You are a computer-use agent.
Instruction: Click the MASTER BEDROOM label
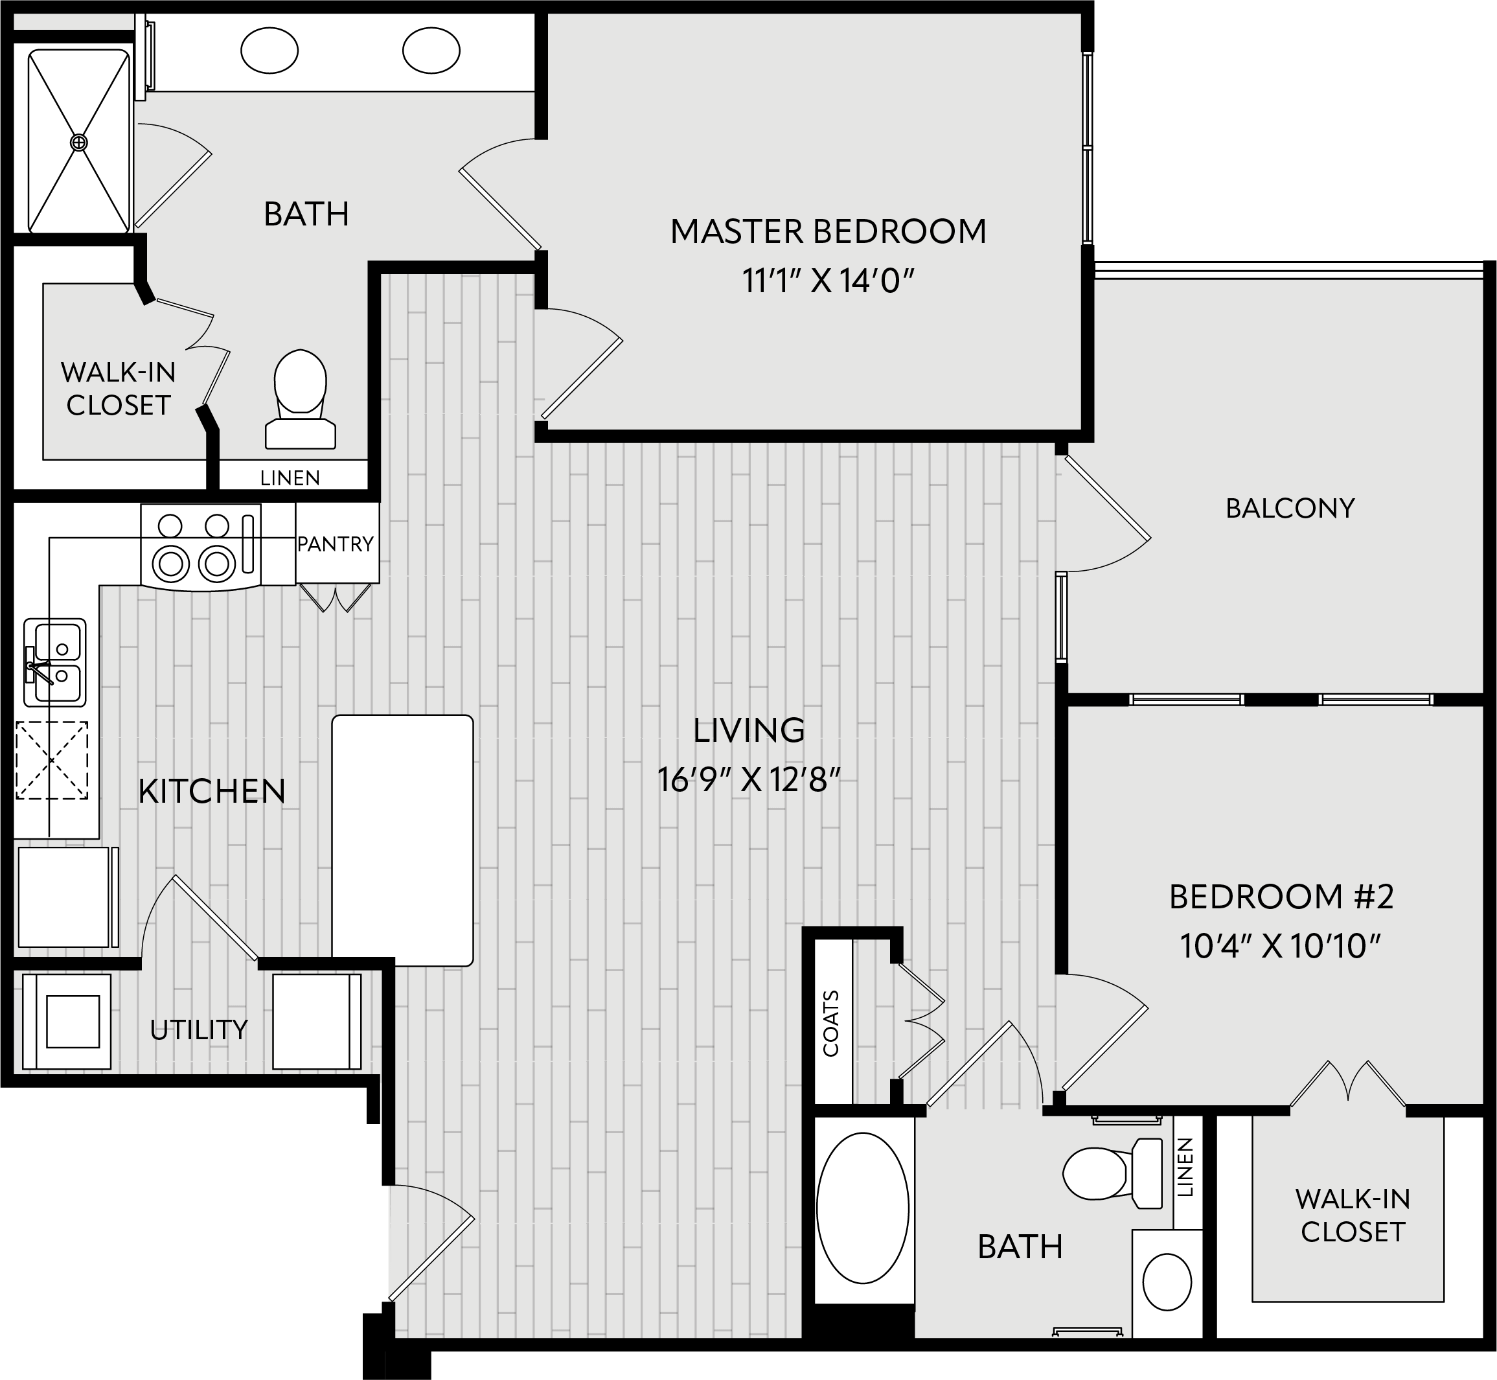(x=828, y=231)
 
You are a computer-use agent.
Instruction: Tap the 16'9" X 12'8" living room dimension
(x=749, y=780)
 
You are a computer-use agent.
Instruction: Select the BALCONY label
(x=1290, y=509)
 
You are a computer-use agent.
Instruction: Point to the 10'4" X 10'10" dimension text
(x=1281, y=946)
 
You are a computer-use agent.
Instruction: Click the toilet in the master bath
(x=300, y=400)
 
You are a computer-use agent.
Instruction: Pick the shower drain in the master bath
(x=78, y=142)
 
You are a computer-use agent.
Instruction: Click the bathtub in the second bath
(x=862, y=1208)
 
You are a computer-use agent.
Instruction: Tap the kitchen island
(x=402, y=841)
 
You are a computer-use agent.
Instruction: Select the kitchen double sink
(x=54, y=661)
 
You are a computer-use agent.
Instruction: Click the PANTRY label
(x=336, y=544)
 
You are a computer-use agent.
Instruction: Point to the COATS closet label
(x=831, y=1023)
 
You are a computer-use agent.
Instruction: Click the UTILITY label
(x=199, y=1031)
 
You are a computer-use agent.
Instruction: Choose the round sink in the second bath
(x=1168, y=1282)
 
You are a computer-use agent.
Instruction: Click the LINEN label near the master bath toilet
(x=290, y=478)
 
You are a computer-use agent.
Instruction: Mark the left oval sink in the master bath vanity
(x=269, y=51)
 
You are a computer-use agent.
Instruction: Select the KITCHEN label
(x=212, y=792)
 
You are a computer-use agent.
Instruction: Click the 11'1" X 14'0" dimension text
(x=828, y=282)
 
